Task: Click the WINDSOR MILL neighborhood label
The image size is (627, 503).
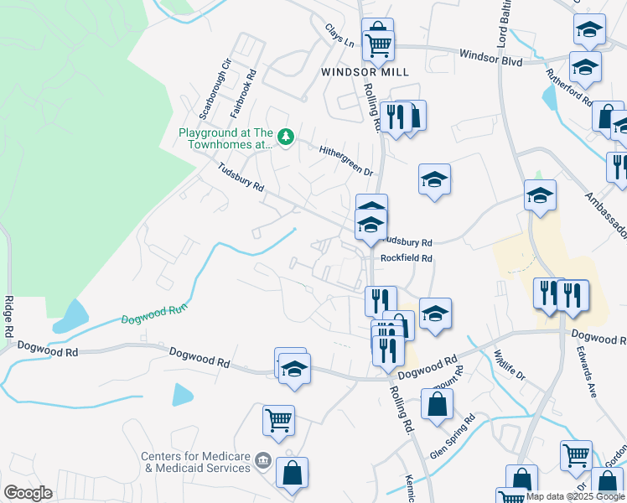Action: coord(365,72)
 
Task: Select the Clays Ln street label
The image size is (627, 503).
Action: coord(339,35)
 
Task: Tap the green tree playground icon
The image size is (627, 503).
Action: coord(286,136)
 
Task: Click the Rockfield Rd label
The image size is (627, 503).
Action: coord(406,259)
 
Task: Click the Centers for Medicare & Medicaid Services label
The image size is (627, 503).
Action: coord(195,462)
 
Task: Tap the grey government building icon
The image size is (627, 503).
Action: coord(262,459)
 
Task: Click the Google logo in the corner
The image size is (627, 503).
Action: coord(27,493)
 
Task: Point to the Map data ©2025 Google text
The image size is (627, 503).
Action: coord(575,496)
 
